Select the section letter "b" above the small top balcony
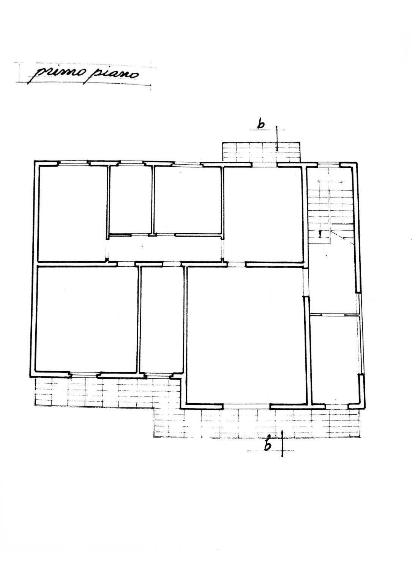pos(261,124)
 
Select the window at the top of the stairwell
pos(329,164)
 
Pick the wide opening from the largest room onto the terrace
pos(247,407)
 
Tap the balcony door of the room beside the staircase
pos(264,164)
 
